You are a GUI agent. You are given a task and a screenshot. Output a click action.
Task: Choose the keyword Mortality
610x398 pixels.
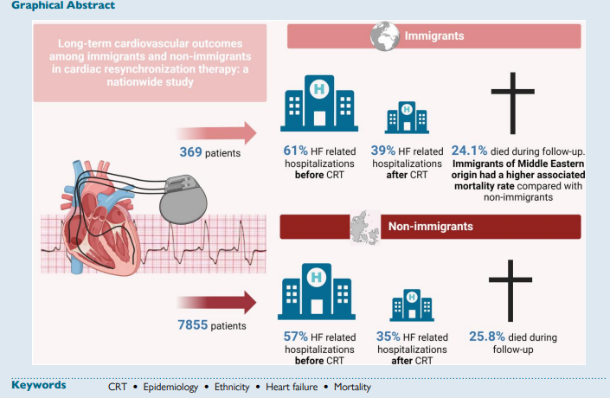tap(350, 388)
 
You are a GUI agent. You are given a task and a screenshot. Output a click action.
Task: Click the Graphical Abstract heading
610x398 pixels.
tap(51, 5)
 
